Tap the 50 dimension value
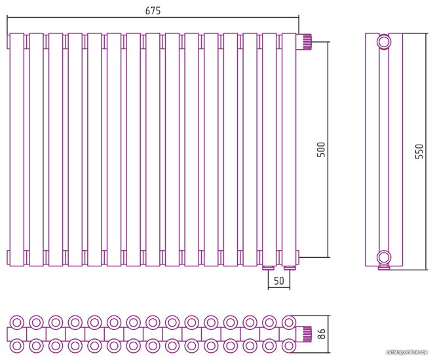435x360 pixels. [279, 281]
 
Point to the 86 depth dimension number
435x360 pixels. [321, 334]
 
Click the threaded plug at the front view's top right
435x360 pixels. [305, 41]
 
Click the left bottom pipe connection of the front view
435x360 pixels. [268, 267]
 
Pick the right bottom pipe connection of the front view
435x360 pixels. [288, 267]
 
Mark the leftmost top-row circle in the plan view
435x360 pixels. [16, 322]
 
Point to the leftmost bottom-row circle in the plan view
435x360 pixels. [16, 345]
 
